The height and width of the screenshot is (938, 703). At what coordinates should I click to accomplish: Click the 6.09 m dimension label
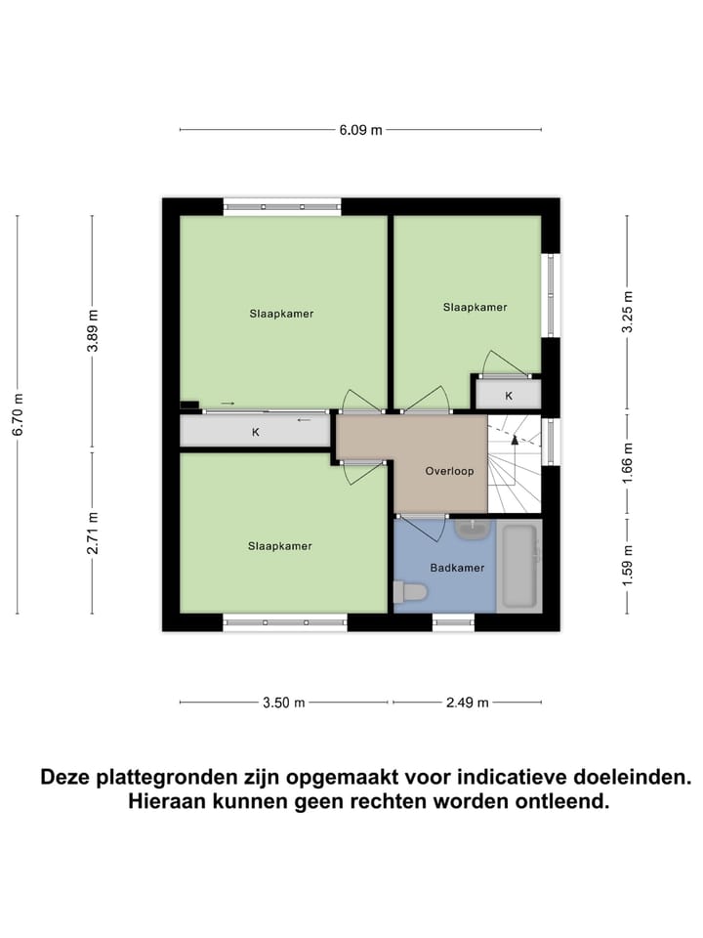[360, 130]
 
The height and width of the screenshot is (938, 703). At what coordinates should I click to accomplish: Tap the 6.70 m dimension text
[18, 414]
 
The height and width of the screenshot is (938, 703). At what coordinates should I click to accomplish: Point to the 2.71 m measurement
[93, 533]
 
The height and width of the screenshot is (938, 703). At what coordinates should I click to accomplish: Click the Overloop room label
[449, 471]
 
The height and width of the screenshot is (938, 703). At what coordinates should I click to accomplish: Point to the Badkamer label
[457, 567]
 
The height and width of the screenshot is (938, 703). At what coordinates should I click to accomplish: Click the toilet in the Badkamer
[409, 591]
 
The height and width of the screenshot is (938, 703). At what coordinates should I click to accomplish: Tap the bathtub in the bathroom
[517, 567]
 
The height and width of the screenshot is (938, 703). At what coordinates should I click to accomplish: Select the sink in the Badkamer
[473, 529]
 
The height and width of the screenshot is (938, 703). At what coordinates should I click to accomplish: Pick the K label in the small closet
[509, 396]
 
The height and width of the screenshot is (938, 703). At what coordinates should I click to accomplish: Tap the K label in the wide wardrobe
[256, 431]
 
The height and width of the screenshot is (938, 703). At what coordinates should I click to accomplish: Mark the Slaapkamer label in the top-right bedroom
[475, 307]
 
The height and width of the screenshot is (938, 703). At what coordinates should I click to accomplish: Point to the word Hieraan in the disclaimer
[168, 802]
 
